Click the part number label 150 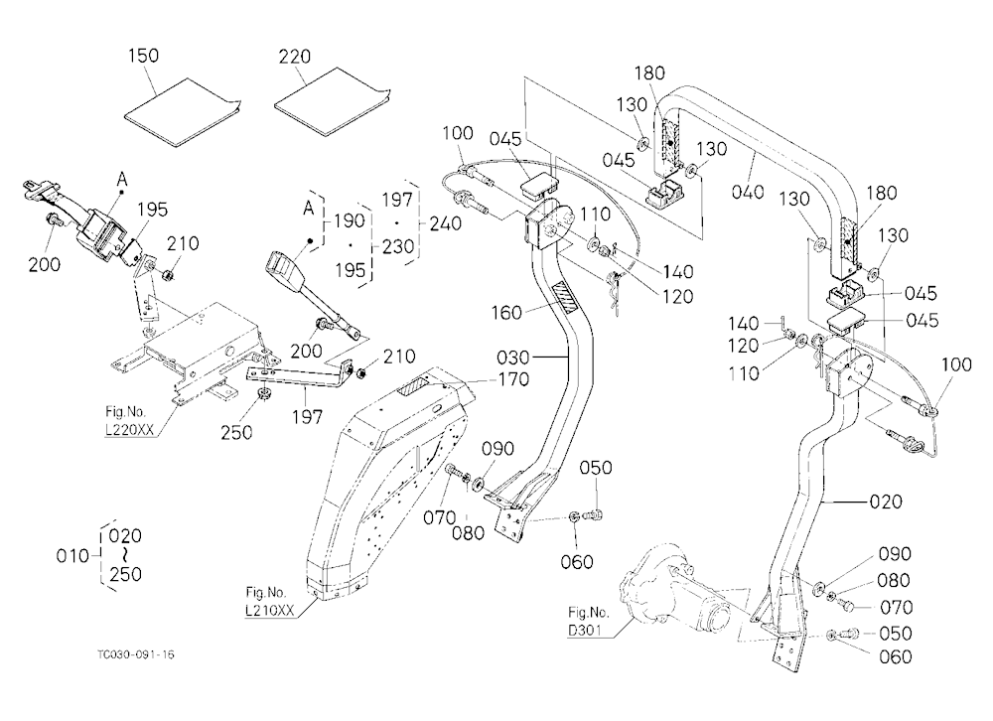[143, 56]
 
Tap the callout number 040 [748, 192]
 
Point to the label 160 [506, 313]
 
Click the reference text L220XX [129, 430]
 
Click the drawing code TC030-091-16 [135, 654]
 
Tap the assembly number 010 [72, 555]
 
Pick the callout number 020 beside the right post [886, 502]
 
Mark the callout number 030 [513, 358]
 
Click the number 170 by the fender [513, 379]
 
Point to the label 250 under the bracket [236, 433]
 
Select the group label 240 [445, 223]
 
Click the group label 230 [398, 246]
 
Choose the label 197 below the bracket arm [307, 417]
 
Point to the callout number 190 [350, 221]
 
